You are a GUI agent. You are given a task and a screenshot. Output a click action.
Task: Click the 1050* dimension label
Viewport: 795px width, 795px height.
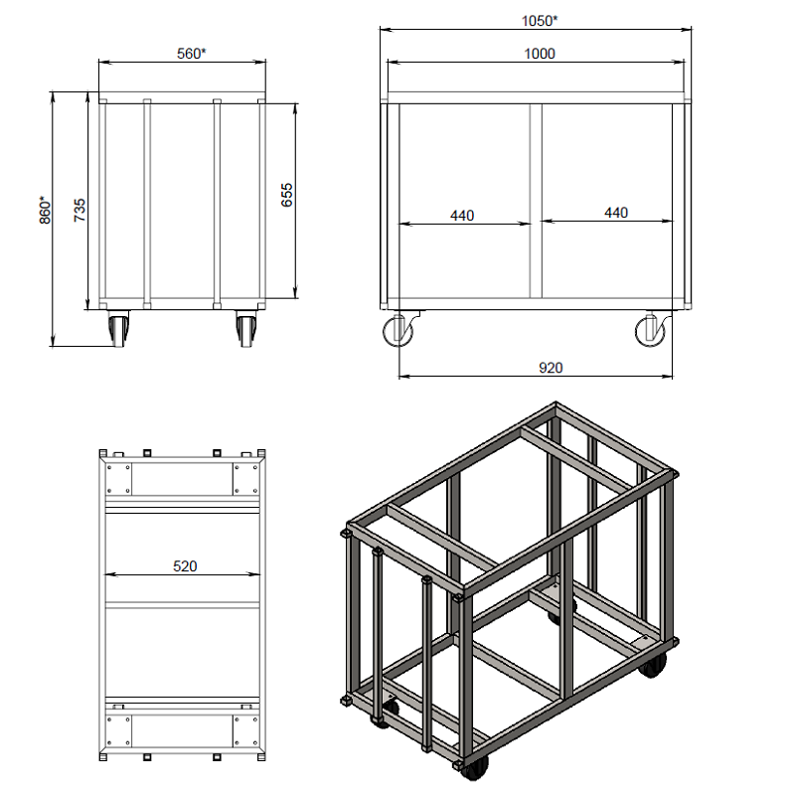click(539, 21)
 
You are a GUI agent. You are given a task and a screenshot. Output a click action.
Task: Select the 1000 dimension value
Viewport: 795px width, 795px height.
click(539, 54)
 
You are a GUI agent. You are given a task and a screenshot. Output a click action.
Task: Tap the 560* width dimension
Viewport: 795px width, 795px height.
click(191, 54)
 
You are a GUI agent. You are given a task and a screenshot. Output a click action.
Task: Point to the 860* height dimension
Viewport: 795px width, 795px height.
click(45, 210)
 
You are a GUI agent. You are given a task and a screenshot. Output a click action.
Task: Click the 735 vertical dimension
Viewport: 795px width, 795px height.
click(79, 210)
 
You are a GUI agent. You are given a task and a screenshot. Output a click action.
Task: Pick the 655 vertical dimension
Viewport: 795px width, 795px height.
click(287, 195)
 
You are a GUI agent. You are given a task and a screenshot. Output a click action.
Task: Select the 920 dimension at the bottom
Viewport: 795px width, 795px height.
click(551, 368)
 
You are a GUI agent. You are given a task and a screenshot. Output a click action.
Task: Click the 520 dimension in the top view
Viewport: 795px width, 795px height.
click(185, 565)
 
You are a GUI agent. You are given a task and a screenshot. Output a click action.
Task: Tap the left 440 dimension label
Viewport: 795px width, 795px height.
click(462, 216)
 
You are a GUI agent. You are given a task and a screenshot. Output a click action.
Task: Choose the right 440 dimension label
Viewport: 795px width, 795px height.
click(616, 213)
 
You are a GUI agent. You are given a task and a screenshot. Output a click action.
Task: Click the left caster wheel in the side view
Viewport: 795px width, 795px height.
click(398, 330)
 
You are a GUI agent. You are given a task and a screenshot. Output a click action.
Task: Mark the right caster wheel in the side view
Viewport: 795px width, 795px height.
click(651, 331)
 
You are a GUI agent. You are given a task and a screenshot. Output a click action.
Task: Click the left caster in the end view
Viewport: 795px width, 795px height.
click(118, 329)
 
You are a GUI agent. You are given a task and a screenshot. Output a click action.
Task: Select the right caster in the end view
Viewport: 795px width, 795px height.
click(246, 329)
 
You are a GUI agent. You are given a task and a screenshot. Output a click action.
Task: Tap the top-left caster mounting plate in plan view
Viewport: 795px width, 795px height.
click(118, 478)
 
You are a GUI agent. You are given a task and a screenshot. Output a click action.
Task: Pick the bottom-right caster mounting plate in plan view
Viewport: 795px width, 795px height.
click(246, 730)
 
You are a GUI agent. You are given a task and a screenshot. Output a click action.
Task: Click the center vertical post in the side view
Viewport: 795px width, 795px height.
click(536, 202)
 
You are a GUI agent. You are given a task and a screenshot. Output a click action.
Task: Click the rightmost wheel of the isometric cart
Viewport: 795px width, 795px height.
click(654, 665)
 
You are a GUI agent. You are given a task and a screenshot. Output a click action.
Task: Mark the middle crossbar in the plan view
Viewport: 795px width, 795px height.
click(182, 605)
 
